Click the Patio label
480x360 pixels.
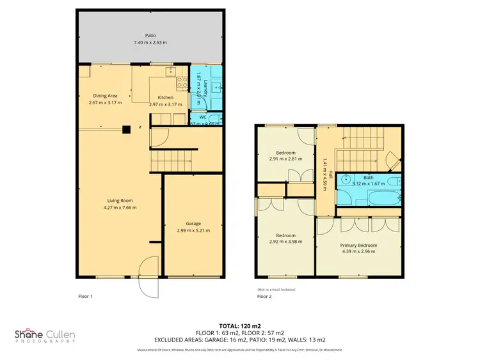point(150,35)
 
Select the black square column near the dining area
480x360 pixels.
point(126,127)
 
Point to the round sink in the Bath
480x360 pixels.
point(346,180)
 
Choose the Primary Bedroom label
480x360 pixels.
point(358,245)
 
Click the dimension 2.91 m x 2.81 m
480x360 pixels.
point(282,159)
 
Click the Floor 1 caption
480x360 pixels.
point(85,297)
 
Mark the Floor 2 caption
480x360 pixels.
point(264,297)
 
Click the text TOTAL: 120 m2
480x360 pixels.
point(239,325)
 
